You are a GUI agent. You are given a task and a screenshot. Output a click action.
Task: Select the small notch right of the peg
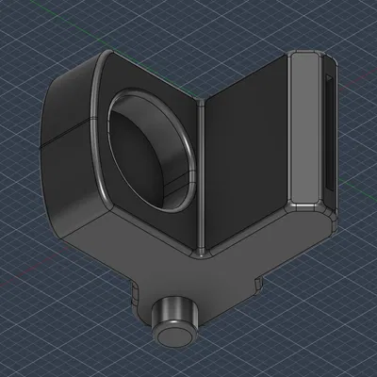pyautogui.click(x=256, y=280)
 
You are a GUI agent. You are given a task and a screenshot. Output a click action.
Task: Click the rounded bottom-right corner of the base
pyautogui.click(x=325, y=226)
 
